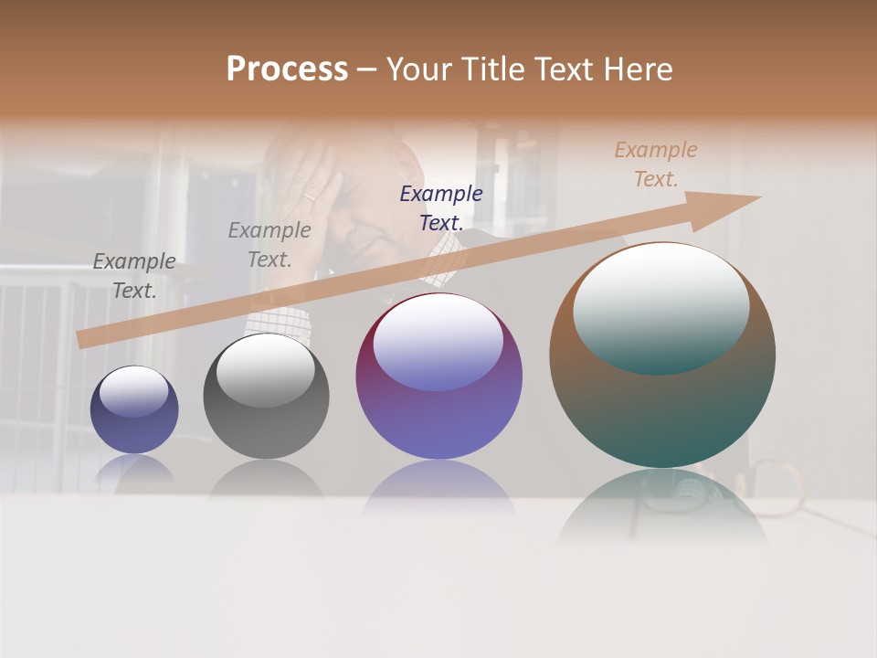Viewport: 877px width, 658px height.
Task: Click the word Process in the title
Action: [x=287, y=69]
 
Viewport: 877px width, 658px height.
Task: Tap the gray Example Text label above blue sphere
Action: [x=134, y=275]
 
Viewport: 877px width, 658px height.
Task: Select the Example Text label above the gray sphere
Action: [x=269, y=244]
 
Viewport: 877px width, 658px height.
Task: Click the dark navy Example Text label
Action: [x=441, y=207]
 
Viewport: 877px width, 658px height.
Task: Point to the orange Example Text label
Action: [x=656, y=164]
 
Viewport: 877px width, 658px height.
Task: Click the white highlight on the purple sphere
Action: [x=438, y=341]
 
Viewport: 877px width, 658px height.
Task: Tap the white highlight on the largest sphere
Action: [x=660, y=306]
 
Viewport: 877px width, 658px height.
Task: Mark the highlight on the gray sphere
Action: [x=266, y=369]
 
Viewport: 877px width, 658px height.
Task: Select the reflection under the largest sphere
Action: [x=662, y=507]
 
